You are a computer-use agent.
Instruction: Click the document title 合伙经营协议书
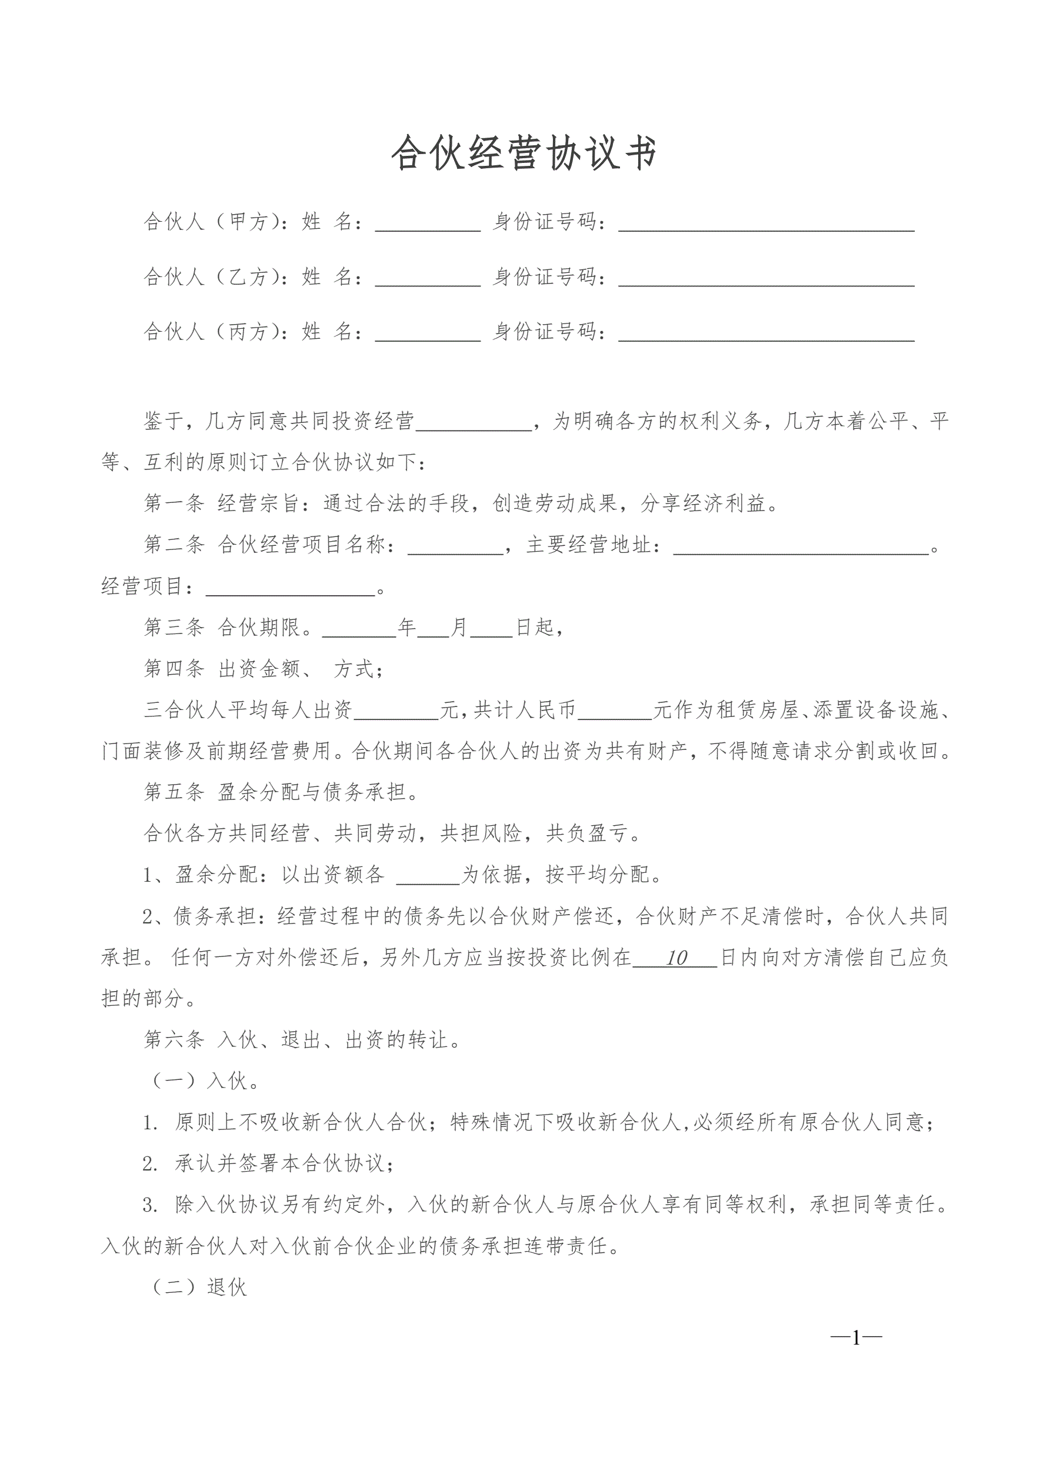pyautogui.click(x=524, y=154)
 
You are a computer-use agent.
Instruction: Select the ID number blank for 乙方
pyautogui.click(x=766, y=279)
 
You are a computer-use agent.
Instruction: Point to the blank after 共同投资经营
pyautogui.click(x=474, y=423)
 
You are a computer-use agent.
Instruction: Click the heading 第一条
pyautogui.click(x=174, y=503)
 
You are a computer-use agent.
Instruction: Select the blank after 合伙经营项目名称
pyautogui.click(x=455, y=547)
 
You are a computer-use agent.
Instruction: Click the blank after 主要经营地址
pyautogui.click(x=801, y=547)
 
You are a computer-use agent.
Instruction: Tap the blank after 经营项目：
pyautogui.click(x=291, y=588)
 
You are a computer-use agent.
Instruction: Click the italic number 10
pyautogui.click(x=676, y=958)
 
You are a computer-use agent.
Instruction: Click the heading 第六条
pyautogui.click(x=174, y=1040)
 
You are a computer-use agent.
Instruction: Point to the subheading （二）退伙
pyautogui.click(x=199, y=1287)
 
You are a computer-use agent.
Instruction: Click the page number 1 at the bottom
pyautogui.click(x=856, y=1338)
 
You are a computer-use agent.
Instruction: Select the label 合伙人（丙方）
pyautogui.click(x=214, y=332)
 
